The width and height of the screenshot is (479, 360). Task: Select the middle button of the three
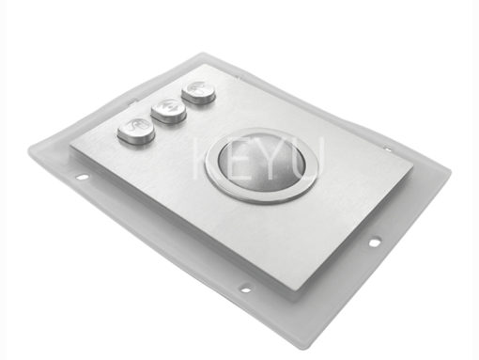[x=169, y=110]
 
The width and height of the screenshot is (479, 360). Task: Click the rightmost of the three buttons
[x=199, y=91]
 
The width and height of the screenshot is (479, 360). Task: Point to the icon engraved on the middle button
[x=169, y=107]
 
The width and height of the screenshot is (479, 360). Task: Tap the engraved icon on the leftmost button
[x=136, y=126]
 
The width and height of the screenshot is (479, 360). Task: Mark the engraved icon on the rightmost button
[x=198, y=87]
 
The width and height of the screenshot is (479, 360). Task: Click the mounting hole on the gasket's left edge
[x=83, y=178]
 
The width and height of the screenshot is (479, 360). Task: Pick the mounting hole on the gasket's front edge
[x=245, y=289]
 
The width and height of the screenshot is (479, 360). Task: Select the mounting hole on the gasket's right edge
[x=374, y=242]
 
